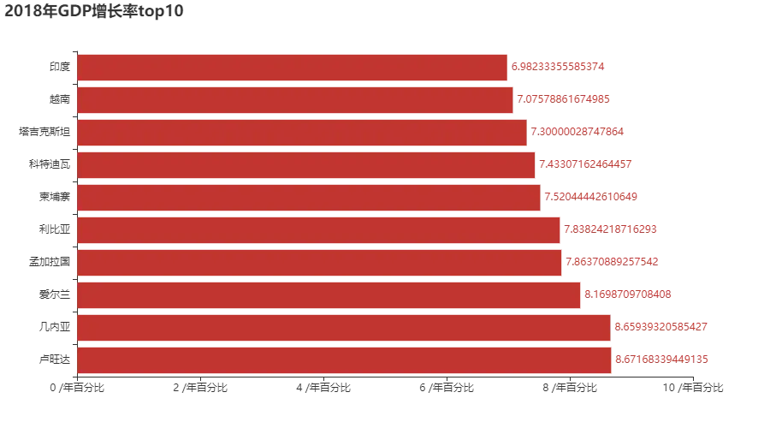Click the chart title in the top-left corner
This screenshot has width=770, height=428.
point(92,13)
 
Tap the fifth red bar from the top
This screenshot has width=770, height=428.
point(308,197)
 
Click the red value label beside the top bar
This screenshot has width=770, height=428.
point(560,67)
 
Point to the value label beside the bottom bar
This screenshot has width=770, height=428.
point(663,360)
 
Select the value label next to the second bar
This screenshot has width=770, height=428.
point(565,99)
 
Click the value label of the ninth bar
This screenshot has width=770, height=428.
point(664,327)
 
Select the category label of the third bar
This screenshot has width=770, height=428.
point(43,132)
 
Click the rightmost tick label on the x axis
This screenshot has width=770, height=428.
point(694,389)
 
